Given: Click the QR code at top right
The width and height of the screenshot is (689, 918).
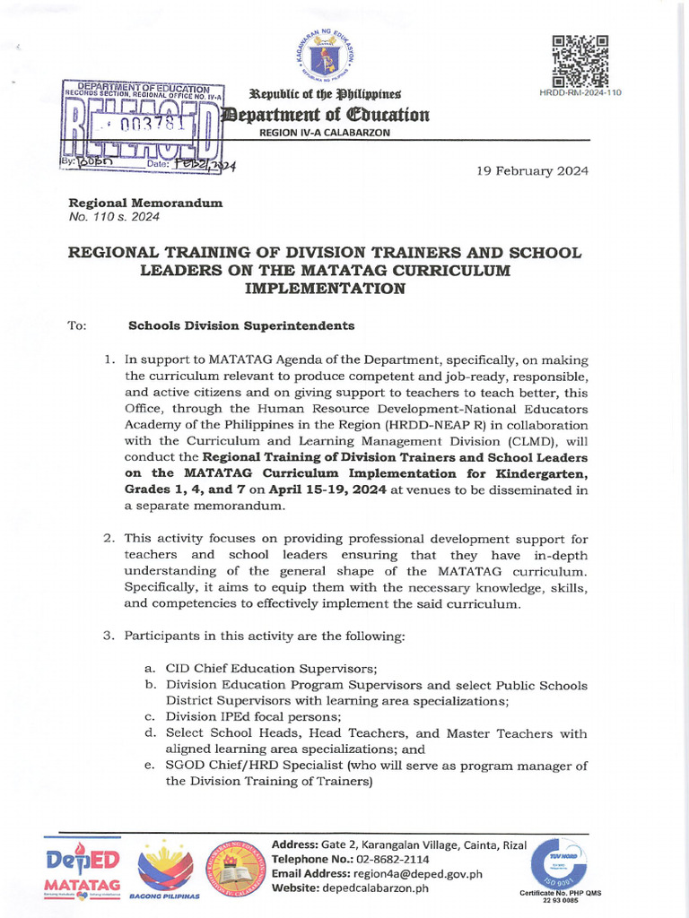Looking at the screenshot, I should pos(580,60).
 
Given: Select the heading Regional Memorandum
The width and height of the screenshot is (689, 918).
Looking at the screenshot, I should pos(145,204).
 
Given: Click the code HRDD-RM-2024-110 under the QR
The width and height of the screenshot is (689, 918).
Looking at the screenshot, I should pos(580,92).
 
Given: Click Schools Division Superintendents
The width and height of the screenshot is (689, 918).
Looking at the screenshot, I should pos(241,325).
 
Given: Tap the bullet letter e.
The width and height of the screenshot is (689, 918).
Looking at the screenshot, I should pos(149,766).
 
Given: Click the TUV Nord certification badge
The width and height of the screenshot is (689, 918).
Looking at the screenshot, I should pos(551,864).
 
